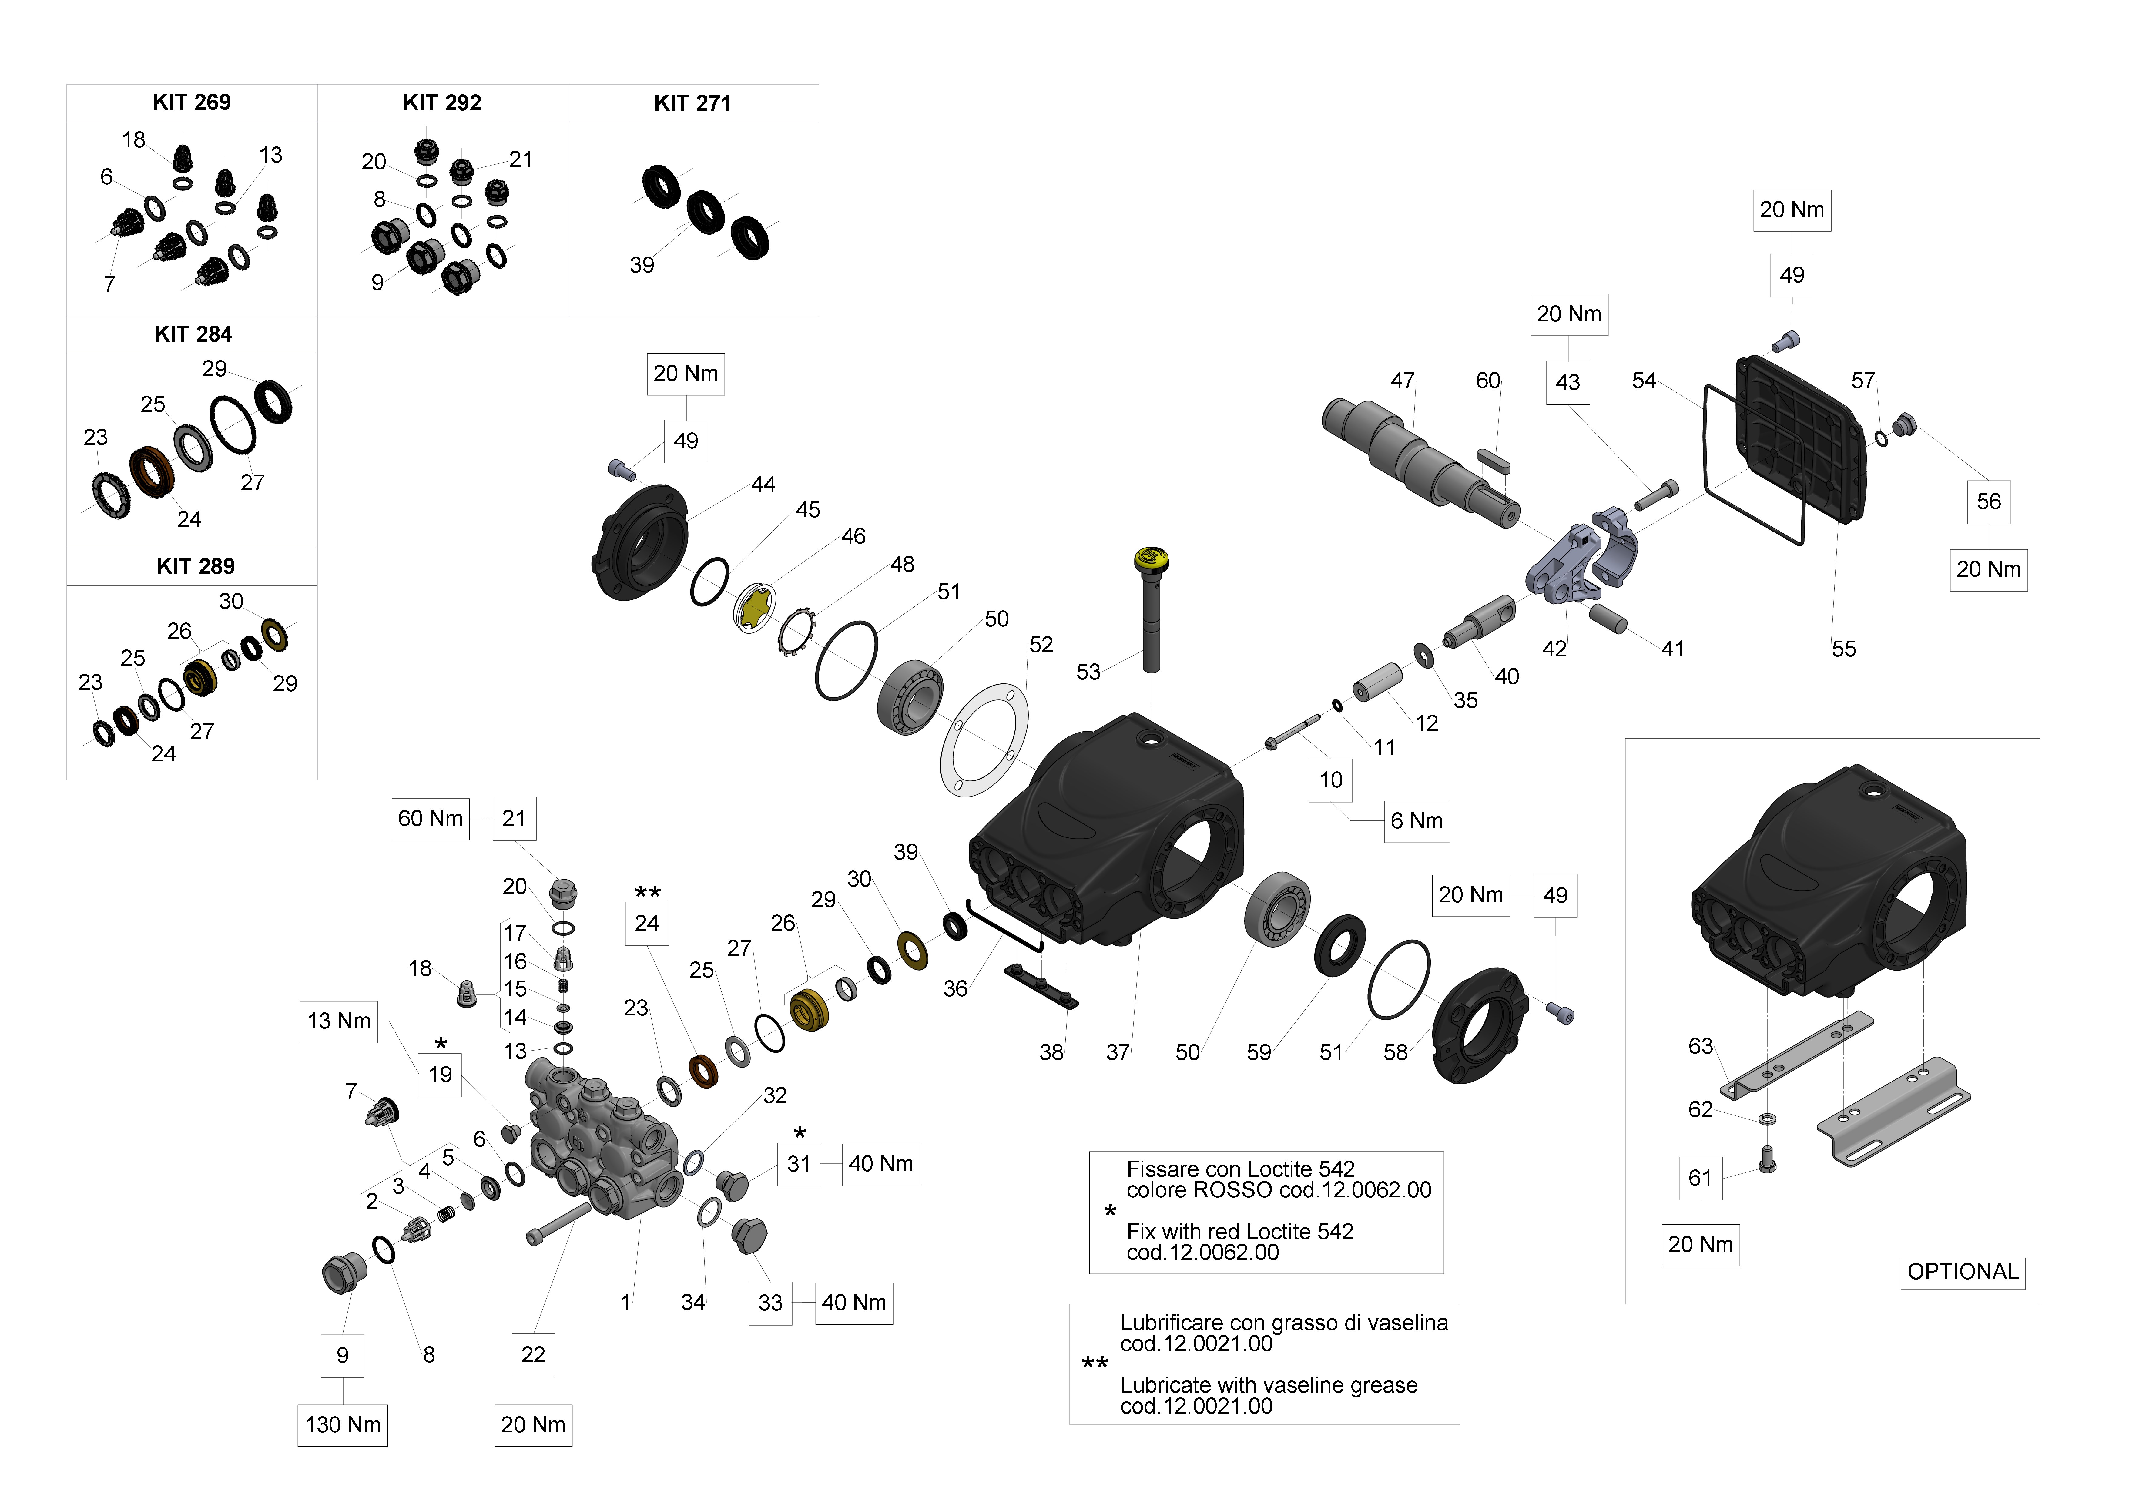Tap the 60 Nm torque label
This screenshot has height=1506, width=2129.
click(x=430, y=819)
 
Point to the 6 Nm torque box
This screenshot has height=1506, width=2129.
click(x=1416, y=821)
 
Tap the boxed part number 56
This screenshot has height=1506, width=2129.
click(x=1988, y=502)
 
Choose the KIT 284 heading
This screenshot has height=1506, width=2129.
click(x=193, y=335)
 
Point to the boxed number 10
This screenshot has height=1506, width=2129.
click(x=1331, y=780)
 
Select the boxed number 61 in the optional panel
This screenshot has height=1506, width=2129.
click(x=1700, y=1178)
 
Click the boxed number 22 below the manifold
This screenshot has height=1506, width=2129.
click(x=533, y=1355)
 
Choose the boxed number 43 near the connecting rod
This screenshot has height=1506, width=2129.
click(x=1567, y=382)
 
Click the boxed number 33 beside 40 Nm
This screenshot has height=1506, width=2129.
click(x=770, y=1303)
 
